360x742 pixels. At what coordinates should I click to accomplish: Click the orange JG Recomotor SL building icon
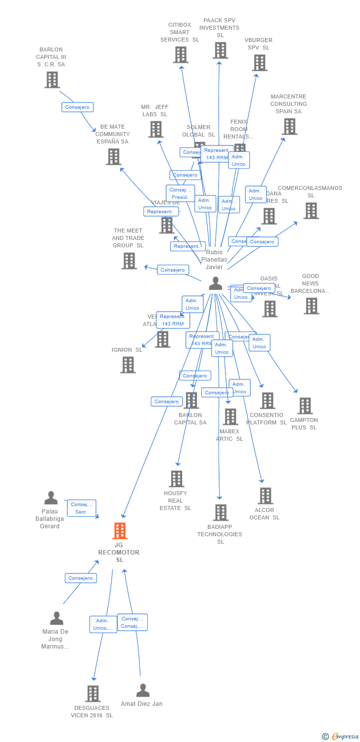(120, 531)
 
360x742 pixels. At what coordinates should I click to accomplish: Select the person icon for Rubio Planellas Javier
(216, 283)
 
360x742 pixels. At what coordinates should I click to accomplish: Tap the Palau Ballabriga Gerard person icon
(51, 498)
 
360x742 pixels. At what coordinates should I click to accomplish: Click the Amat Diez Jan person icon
(143, 690)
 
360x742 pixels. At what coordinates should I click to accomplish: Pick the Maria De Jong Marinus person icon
(57, 618)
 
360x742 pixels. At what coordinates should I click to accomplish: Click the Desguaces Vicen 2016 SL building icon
(93, 694)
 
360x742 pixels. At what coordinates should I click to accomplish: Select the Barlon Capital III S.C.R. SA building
(52, 80)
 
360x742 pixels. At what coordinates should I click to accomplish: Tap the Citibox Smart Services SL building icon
(180, 54)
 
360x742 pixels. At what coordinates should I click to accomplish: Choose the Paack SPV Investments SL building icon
(221, 50)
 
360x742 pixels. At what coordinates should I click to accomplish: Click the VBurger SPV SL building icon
(260, 63)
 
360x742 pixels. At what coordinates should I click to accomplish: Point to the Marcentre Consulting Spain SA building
(289, 127)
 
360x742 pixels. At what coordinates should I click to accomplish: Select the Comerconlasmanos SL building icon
(311, 211)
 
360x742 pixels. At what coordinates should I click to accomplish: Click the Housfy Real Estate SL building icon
(177, 479)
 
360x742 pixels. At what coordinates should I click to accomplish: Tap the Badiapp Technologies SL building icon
(221, 512)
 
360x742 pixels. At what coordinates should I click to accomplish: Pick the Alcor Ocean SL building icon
(266, 496)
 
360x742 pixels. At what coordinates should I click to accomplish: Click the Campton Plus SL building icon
(305, 406)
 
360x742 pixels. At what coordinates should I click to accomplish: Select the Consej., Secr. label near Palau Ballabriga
(82, 508)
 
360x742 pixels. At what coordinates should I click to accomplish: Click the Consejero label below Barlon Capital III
(78, 107)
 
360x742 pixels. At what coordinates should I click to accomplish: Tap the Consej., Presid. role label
(180, 193)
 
